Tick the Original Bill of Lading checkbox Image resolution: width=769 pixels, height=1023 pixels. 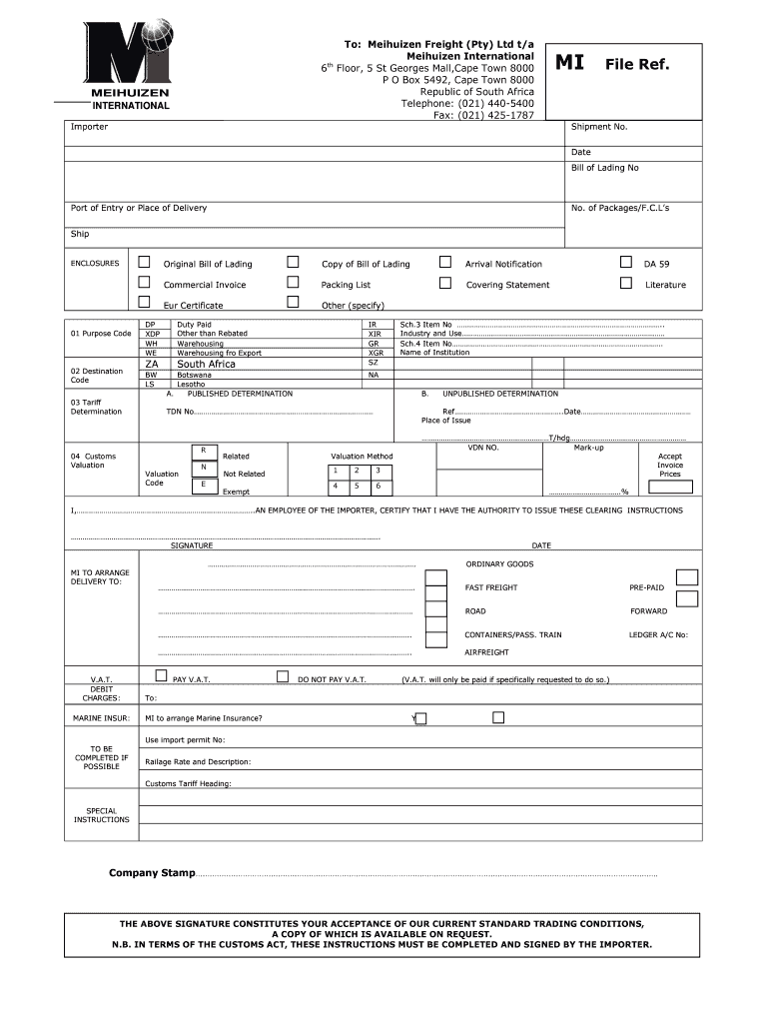(x=144, y=262)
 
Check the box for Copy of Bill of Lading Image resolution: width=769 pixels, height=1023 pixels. (x=293, y=262)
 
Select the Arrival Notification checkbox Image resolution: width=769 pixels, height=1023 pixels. (x=445, y=262)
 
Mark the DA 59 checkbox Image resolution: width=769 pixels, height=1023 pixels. (x=626, y=262)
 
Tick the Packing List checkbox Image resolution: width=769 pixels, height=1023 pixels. (x=293, y=283)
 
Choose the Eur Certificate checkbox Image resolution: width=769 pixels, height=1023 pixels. (x=144, y=302)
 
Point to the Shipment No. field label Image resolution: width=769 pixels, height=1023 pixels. (x=598, y=127)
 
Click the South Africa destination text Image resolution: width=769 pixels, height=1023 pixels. (x=206, y=365)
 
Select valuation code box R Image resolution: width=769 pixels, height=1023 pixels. (x=203, y=451)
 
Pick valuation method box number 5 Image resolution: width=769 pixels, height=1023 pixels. (x=357, y=486)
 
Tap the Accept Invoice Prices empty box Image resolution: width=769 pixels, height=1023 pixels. (x=669, y=488)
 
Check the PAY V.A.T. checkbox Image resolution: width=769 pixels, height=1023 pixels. (x=162, y=675)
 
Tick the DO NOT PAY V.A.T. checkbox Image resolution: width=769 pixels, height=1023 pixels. (x=283, y=676)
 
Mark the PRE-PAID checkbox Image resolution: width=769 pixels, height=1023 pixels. (x=686, y=576)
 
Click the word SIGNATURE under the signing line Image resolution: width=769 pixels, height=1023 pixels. (x=191, y=545)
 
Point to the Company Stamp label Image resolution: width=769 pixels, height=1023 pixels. (x=152, y=873)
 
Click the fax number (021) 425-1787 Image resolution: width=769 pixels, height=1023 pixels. (x=496, y=115)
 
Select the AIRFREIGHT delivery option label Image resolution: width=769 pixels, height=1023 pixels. (x=486, y=652)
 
